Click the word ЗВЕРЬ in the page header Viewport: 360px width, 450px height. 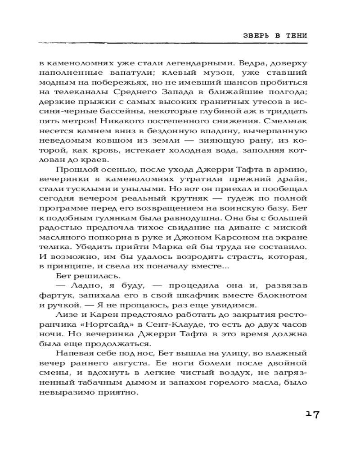point(252,36)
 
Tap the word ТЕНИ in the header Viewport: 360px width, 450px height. point(297,36)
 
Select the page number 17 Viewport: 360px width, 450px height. point(312,414)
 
